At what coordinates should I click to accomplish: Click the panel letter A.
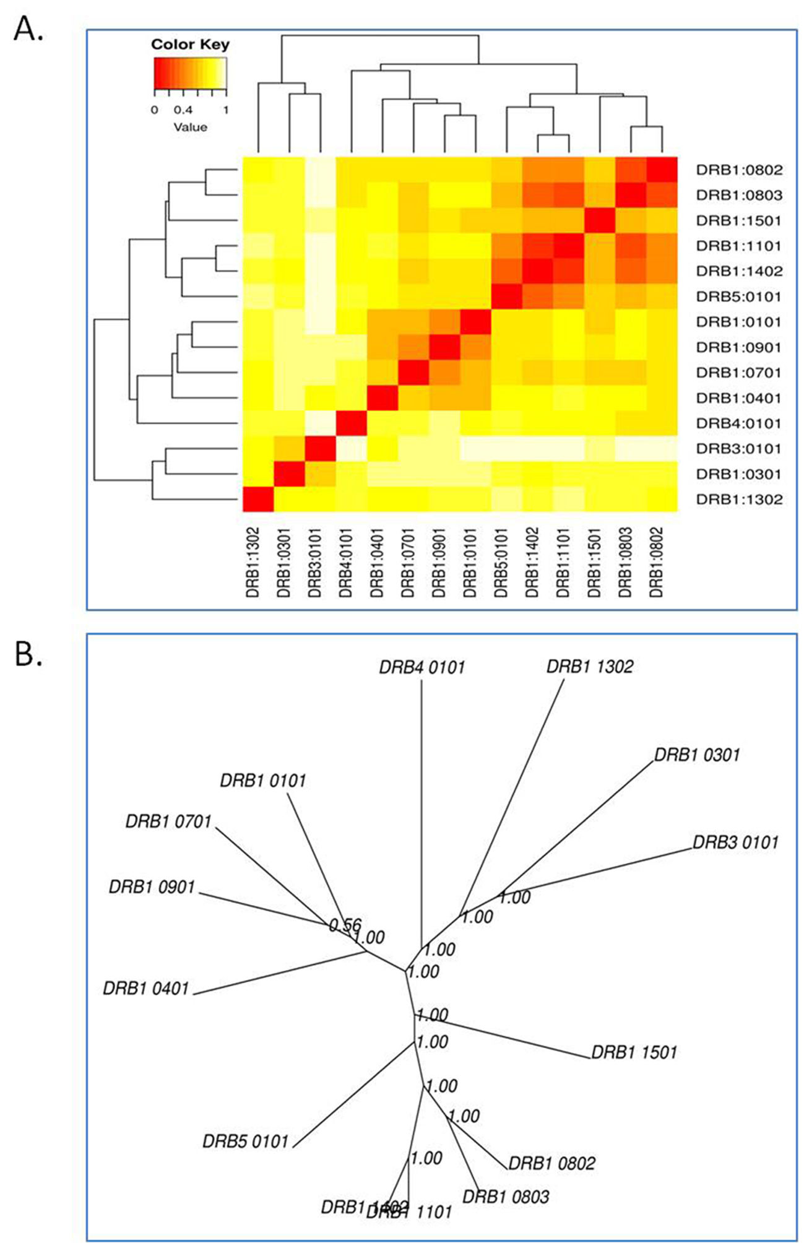coord(28,28)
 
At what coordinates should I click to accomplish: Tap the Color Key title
coord(190,45)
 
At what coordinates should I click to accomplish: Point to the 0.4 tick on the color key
coord(184,110)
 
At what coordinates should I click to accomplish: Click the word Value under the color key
coord(190,128)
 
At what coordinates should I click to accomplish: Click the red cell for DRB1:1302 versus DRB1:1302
coord(257,500)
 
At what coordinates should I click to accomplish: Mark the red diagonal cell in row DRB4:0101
coord(351,423)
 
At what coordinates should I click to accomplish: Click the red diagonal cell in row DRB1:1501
coord(600,220)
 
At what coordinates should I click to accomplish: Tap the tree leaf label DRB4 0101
coord(421,667)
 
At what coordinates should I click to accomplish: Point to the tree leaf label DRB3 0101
coord(735,843)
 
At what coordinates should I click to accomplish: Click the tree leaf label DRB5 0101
coord(246,1141)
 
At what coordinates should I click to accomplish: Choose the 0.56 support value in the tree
coord(345,925)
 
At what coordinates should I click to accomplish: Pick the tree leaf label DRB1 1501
coord(634,1052)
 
